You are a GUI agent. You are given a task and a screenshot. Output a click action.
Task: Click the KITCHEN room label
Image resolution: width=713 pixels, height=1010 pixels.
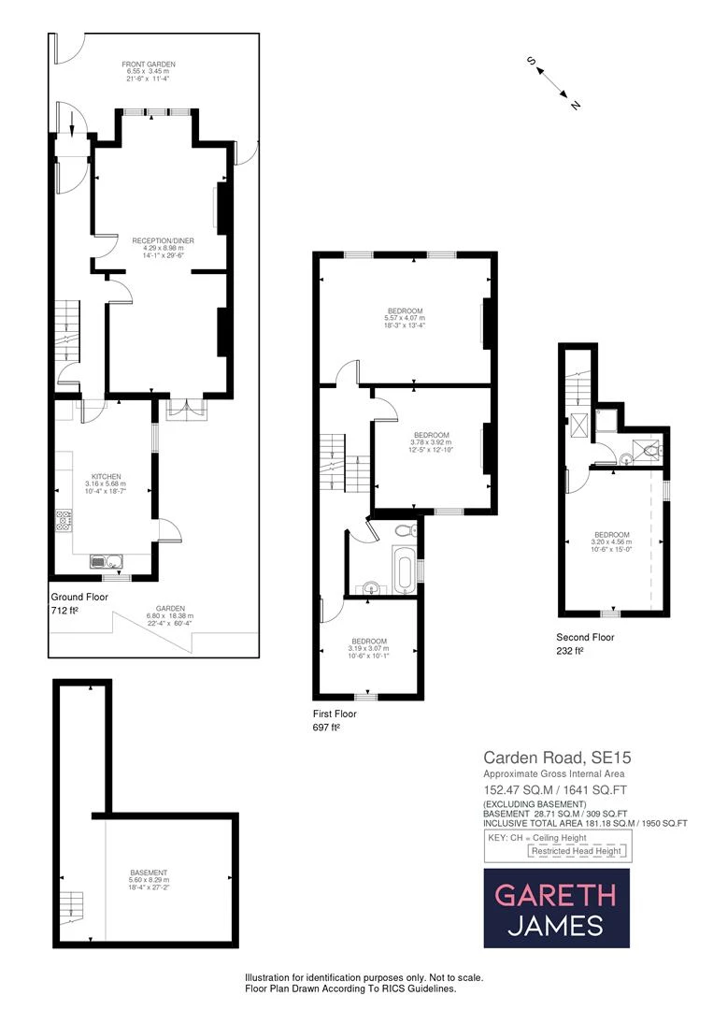pyautogui.click(x=107, y=477)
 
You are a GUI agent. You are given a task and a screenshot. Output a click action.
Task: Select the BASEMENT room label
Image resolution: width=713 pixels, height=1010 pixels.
pyautogui.click(x=149, y=873)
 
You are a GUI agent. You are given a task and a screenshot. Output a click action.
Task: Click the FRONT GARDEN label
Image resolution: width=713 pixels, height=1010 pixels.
pyautogui.click(x=149, y=64)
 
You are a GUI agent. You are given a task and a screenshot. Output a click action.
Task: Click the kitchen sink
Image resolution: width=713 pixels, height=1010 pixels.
pyautogui.click(x=106, y=561)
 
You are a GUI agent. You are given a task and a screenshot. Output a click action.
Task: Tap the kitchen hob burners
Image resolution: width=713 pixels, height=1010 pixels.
pyautogui.click(x=64, y=520)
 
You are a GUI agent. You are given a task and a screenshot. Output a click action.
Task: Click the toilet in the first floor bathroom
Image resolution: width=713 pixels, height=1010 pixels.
pyautogui.click(x=404, y=530)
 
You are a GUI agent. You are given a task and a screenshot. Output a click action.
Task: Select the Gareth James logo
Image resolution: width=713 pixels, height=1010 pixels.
pyautogui.click(x=556, y=908)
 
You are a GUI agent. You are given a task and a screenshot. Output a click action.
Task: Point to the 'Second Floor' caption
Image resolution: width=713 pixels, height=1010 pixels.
pyautogui.click(x=586, y=637)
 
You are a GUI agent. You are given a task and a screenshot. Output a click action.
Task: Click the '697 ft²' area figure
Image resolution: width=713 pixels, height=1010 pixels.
pyautogui.click(x=326, y=727)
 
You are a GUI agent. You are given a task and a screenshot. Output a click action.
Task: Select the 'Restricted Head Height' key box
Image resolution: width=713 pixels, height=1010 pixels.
pyautogui.click(x=576, y=851)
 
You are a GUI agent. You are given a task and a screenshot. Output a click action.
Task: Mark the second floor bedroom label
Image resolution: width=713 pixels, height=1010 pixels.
pyautogui.click(x=612, y=535)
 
